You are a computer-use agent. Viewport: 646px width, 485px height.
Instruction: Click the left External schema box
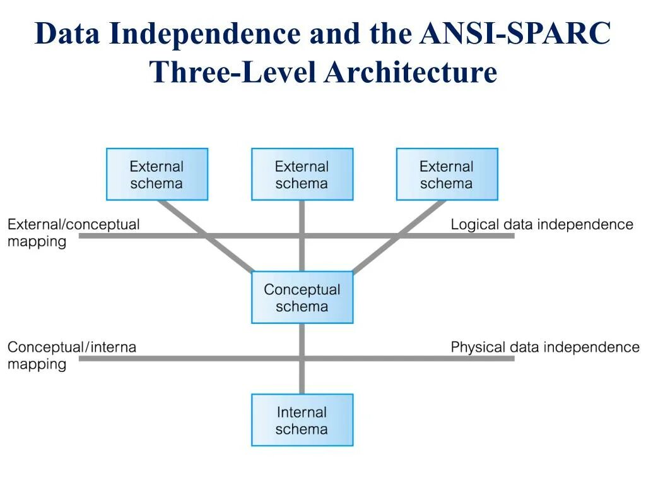coord(157,174)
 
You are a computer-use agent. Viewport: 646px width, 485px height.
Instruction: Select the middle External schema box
coord(302,174)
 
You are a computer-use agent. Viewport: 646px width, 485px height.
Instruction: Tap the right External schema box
coord(447,174)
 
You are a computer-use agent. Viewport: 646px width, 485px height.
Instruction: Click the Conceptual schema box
coord(302,297)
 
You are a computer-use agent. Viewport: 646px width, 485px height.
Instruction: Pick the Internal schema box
coord(302,421)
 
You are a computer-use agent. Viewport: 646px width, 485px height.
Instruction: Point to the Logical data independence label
coord(542,224)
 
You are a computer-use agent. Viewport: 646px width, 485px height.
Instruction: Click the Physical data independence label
coord(545,347)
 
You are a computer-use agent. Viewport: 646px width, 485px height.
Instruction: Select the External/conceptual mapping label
coord(73,232)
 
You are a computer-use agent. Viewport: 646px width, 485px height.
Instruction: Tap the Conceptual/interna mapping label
coord(71,355)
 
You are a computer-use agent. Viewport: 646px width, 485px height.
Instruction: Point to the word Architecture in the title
coord(411,71)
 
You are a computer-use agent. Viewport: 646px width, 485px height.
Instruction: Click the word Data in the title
coord(68,33)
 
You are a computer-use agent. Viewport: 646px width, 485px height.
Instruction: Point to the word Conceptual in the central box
coord(302,290)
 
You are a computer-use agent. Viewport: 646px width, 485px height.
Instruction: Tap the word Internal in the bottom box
coord(302,412)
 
